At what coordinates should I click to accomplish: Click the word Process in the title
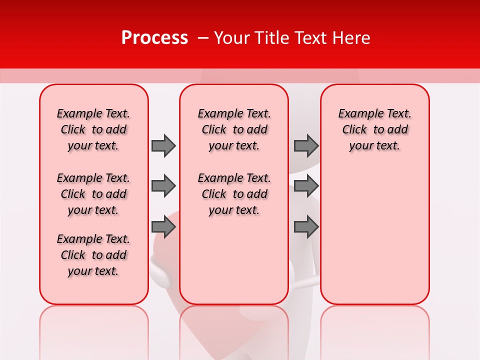point(154,38)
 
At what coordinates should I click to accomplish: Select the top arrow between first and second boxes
point(163,145)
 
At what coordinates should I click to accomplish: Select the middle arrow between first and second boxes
point(163,186)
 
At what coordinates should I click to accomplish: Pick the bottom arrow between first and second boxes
point(163,227)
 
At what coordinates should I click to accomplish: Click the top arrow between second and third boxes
point(306,145)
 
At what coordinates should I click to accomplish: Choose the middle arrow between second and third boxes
point(306,186)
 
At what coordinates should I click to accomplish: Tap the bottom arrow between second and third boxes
point(306,227)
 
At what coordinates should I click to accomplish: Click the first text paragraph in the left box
point(93,129)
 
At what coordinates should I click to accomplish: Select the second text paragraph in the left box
point(93,194)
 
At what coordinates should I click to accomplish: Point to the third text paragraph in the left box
point(93,255)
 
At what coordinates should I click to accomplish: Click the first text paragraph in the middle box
point(234,129)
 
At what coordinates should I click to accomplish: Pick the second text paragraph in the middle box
point(234,194)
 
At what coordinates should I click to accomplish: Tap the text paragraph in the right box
point(374,129)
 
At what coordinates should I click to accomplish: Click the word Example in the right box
point(357,114)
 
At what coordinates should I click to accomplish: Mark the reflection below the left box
point(93,330)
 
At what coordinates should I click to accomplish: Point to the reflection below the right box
point(374,330)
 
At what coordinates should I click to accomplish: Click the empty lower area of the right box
point(374,240)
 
